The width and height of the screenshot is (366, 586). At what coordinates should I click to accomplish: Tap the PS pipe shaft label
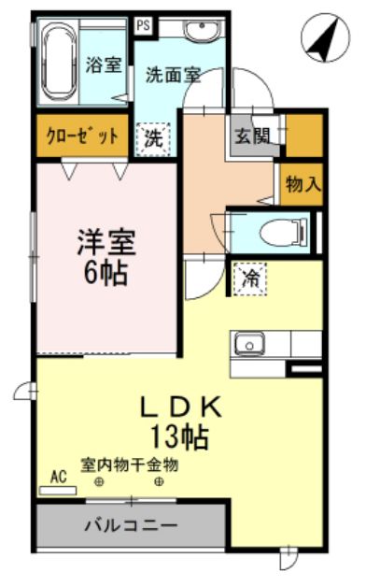click(x=144, y=25)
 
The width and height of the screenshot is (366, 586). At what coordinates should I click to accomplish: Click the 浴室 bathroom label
click(x=104, y=64)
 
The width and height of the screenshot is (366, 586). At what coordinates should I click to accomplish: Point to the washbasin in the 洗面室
click(x=202, y=30)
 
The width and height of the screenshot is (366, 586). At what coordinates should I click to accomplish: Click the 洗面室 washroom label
click(x=174, y=75)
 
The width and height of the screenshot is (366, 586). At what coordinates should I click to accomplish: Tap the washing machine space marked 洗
click(x=154, y=139)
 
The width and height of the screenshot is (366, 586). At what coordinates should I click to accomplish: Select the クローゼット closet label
click(x=82, y=136)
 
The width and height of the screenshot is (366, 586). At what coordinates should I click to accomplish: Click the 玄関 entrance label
click(x=252, y=136)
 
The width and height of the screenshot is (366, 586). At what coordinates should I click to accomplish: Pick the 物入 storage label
click(x=303, y=184)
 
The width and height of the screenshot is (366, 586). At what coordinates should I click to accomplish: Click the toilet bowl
click(x=283, y=233)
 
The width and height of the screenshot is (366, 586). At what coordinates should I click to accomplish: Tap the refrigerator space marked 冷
click(x=250, y=279)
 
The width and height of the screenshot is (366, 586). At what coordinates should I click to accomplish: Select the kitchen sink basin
click(x=249, y=344)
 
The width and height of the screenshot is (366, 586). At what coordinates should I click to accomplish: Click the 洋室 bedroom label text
click(x=106, y=243)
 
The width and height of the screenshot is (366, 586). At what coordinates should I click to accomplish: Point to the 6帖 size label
click(x=106, y=273)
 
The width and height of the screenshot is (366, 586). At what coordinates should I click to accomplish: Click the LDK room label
click(x=181, y=407)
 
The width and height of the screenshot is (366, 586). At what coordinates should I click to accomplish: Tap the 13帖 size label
click(x=179, y=436)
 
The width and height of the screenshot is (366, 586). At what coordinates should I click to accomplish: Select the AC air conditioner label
click(x=59, y=477)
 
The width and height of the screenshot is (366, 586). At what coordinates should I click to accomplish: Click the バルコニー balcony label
click(x=131, y=526)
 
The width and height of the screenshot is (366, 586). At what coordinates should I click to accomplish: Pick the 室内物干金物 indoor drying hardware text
click(x=129, y=465)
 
